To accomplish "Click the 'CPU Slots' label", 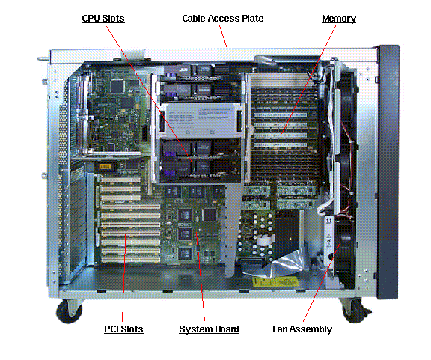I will [103, 17].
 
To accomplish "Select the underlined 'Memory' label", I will [338, 17].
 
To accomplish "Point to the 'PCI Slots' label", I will [123, 329].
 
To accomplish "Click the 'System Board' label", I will [209, 329].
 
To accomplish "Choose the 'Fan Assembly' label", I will [301, 329].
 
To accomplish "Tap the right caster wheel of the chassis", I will [352, 308].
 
